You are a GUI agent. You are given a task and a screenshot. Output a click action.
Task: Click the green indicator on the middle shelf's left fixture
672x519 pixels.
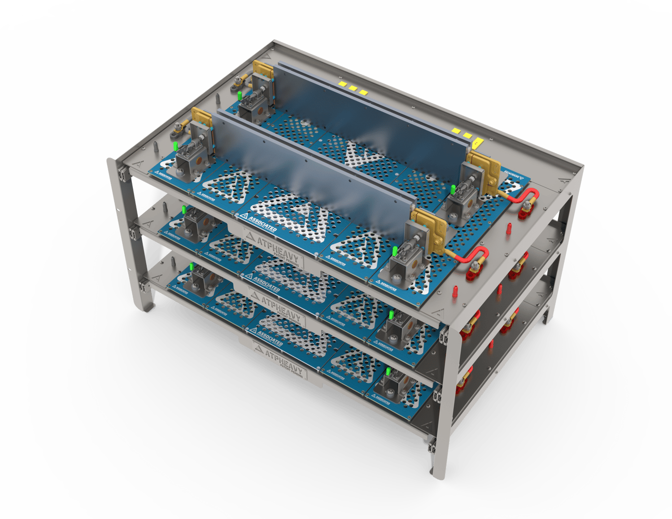tap(184, 210)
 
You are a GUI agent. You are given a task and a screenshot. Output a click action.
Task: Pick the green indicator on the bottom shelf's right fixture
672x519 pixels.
tap(388, 372)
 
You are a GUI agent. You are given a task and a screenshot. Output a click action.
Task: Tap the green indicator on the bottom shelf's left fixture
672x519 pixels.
tap(192, 267)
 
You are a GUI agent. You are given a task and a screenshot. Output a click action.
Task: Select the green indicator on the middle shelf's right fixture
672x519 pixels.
tap(391, 315)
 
